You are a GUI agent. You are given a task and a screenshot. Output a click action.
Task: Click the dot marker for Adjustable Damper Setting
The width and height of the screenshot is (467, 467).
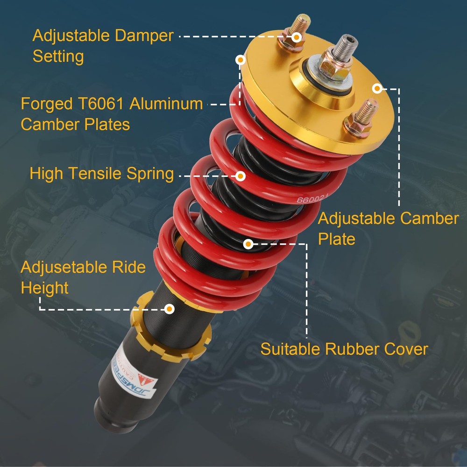click(x=297, y=36)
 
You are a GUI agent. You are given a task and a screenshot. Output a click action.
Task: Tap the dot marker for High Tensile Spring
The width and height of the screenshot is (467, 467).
click(x=241, y=176)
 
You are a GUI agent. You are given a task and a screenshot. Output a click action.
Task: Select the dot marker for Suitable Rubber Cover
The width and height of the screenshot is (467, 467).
click(x=248, y=243)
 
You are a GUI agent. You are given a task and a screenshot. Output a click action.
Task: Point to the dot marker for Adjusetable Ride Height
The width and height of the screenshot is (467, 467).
click(x=170, y=309)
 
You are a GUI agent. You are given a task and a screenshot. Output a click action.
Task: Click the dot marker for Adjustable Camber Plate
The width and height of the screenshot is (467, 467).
click(x=377, y=88)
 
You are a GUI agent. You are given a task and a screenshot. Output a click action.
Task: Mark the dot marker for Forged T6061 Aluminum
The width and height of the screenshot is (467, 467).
click(x=241, y=60)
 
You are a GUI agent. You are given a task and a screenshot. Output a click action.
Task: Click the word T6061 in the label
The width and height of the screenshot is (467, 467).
click(x=99, y=104)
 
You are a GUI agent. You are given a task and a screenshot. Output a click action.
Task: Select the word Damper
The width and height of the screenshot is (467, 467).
click(x=140, y=35)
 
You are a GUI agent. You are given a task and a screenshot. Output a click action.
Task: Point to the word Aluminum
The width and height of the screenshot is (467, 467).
click(x=166, y=104)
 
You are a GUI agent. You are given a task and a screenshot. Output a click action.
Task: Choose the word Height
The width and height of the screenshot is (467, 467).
click(x=44, y=288)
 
